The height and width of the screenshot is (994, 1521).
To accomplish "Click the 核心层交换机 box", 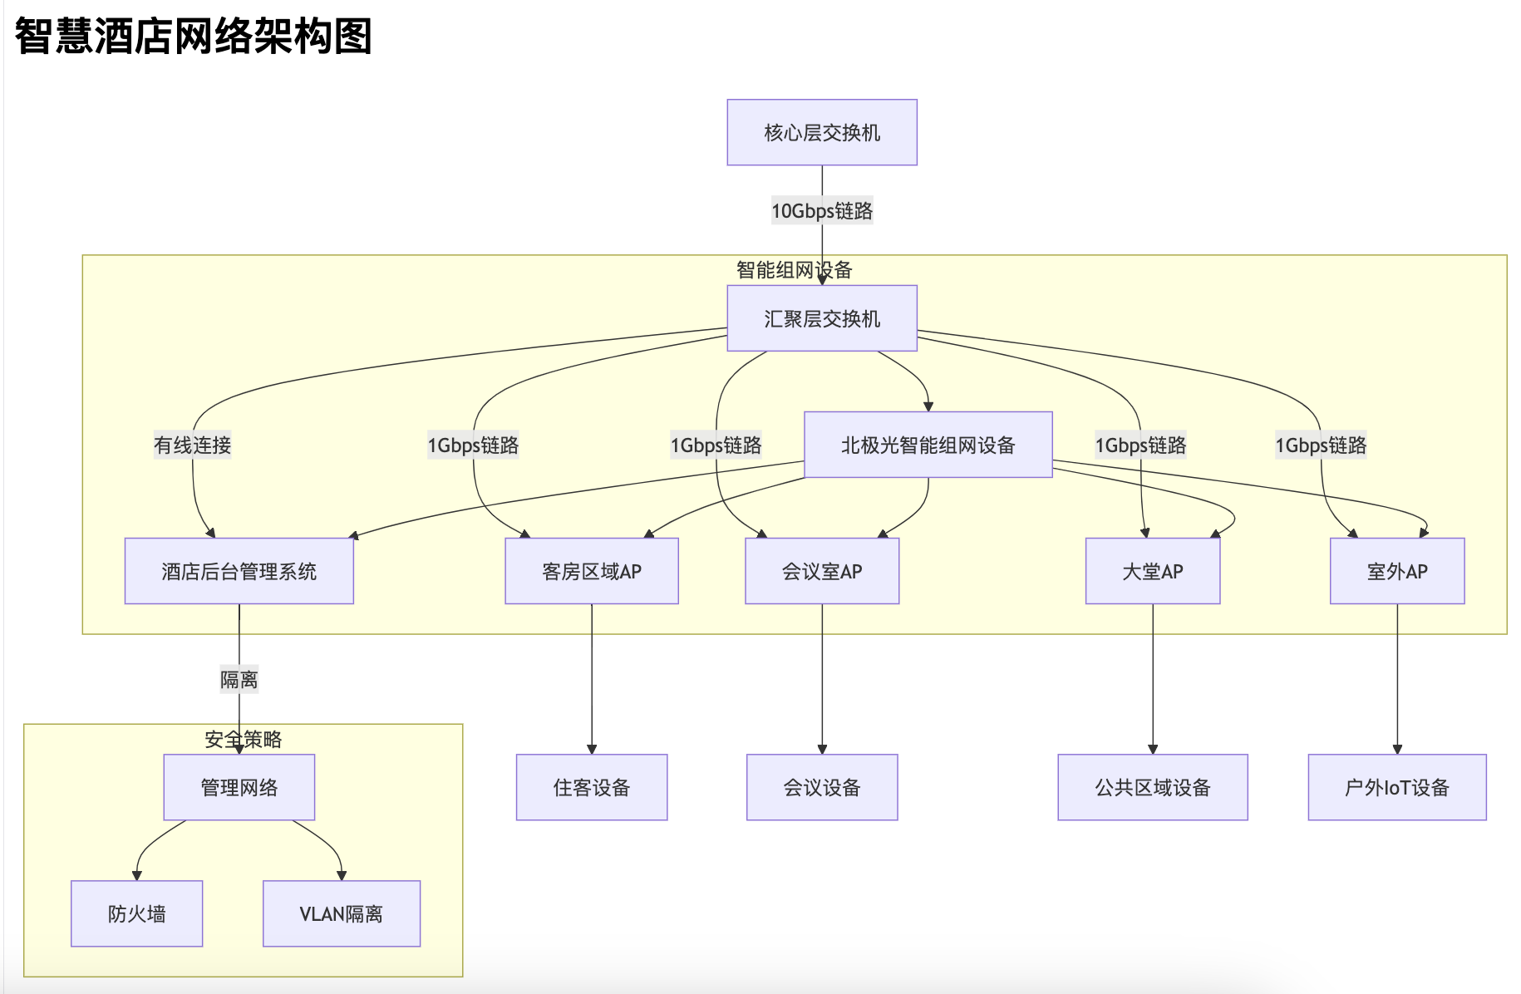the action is (822, 132).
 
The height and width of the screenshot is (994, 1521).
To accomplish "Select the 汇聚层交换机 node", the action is (822, 318).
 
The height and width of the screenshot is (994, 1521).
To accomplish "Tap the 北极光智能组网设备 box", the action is (928, 445).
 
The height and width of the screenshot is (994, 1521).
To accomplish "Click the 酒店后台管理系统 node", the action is (239, 571).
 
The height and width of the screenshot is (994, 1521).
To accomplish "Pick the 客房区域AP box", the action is (592, 571).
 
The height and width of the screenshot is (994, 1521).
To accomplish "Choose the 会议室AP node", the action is (822, 571).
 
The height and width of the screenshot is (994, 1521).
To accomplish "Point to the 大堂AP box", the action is (1153, 571).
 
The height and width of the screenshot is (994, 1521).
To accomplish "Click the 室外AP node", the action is (1397, 571).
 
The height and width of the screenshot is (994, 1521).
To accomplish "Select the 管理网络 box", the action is (239, 787).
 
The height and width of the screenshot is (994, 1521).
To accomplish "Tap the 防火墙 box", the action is (137, 913).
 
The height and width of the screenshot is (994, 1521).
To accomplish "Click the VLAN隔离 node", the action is (342, 913).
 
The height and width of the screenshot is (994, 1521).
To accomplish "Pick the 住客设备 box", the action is (592, 787).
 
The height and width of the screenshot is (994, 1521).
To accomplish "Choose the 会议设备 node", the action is (822, 787).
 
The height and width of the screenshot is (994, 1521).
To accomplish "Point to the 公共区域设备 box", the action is (1153, 787).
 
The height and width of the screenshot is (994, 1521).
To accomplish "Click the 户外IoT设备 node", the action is (1397, 787).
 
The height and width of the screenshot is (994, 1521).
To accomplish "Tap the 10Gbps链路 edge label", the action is (822, 211).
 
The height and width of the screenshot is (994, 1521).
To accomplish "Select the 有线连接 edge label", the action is (193, 445).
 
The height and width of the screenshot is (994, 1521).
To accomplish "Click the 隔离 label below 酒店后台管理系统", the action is (239, 680).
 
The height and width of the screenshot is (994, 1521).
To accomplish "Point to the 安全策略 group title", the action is (244, 739).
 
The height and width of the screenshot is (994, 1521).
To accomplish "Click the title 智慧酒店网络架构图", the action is (194, 37).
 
